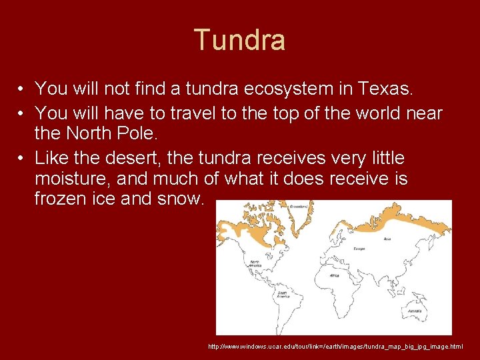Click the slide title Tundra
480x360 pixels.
(239, 40)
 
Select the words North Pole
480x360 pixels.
(111, 133)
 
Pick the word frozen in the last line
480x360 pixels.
(62, 199)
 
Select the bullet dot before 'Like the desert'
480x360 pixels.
(22, 159)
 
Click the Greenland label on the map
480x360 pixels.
(298, 207)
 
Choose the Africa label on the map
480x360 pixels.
(334, 274)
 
